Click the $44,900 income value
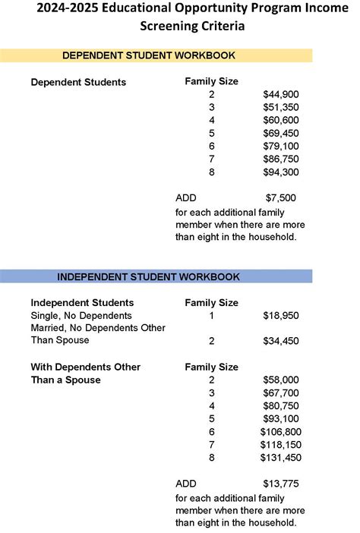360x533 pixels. (x=280, y=94)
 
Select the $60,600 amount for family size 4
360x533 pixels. (x=280, y=120)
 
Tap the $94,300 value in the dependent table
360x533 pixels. (x=280, y=172)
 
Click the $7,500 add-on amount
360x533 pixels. (x=280, y=198)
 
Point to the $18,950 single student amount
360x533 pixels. (x=280, y=315)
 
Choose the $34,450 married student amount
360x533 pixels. (x=280, y=341)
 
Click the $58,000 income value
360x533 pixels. (x=280, y=380)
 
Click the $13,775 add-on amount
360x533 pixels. (x=280, y=484)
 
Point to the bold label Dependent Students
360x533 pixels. (x=78, y=82)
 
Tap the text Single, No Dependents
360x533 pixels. (x=81, y=315)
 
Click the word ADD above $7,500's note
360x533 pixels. (x=185, y=198)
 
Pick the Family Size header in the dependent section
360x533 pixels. (x=211, y=80)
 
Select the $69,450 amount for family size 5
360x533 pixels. (x=280, y=133)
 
